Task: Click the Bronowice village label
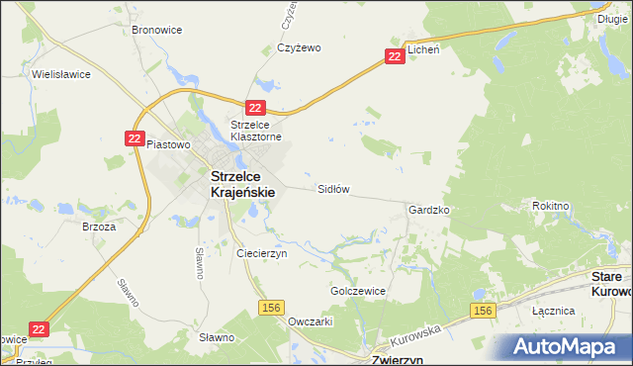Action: [x=155, y=30]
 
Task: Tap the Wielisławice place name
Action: [x=61, y=74]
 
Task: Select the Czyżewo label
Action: [x=301, y=47]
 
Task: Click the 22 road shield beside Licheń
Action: [x=395, y=57]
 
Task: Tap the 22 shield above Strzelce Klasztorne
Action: [x=256, y=108]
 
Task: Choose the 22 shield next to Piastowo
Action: [x=136, y=139]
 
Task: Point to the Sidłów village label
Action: [x=333, y=188]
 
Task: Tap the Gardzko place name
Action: [x=429, y=211]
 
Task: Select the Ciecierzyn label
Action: [x=261, y=253]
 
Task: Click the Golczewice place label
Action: [x=357, y=292]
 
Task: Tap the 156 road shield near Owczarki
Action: [x=272, y=309]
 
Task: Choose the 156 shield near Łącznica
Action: [x=482, y=312]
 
